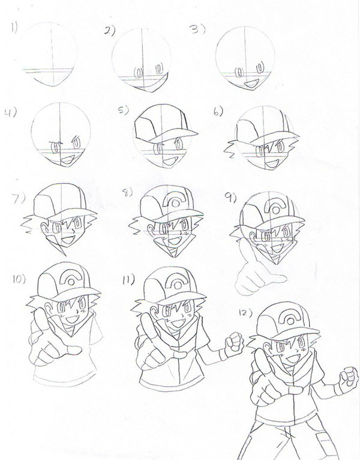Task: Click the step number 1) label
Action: pos(14,27)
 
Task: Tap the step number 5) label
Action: pos(124,110)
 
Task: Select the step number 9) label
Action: pos(230,198)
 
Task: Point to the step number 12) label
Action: pos(245,312)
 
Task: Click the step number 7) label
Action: pos(19,199)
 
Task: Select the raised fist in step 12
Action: pos(349,378)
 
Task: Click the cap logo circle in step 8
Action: pos(176,203)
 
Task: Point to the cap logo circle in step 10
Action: pos(71,282)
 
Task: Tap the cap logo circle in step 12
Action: pos(290,321)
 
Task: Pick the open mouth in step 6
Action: pos(272,163)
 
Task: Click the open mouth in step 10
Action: pos(71,319)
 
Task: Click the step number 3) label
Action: pos(197,29)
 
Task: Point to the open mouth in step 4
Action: pos(67,160)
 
